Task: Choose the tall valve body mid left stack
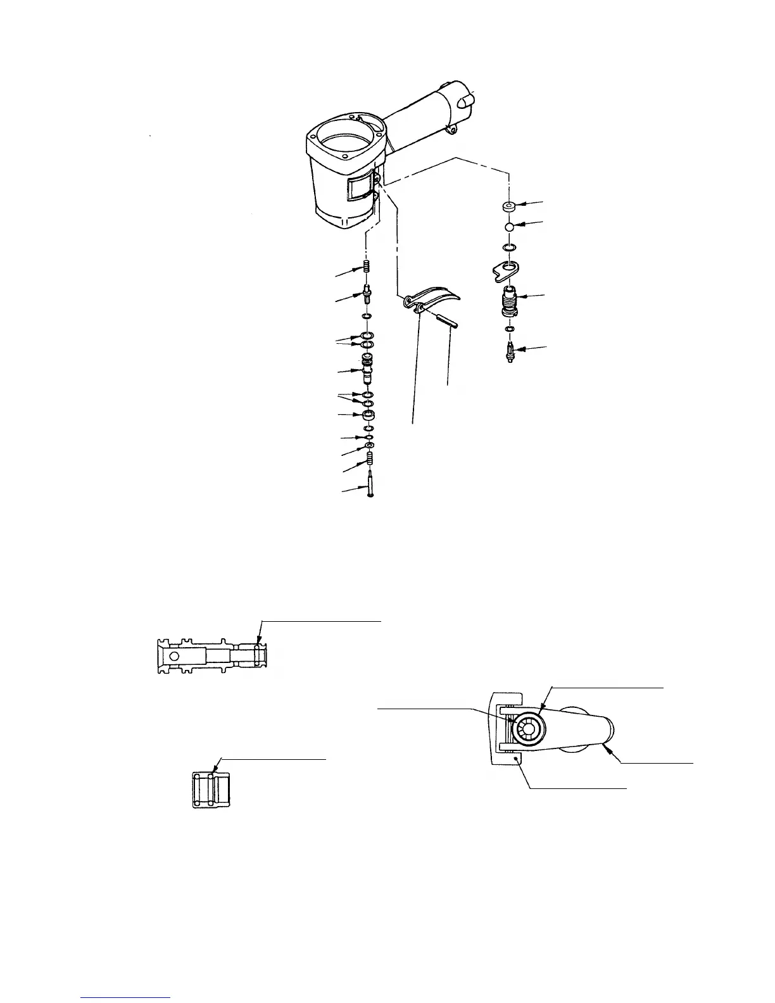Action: (x=367, y=370)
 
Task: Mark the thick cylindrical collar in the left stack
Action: (x=367, y=416)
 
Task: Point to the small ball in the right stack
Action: (x=510, y=227)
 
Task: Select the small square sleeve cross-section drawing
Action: (x=211, y=790)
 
